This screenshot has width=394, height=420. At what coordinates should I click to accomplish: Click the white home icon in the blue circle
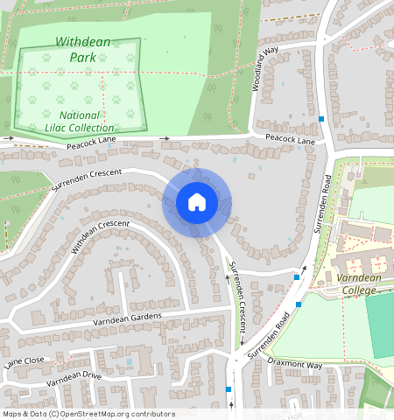[197, 202]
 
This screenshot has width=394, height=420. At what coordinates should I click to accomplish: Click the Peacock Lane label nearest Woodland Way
[290, 140]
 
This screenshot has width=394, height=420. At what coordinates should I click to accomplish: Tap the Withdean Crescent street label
[100, 236]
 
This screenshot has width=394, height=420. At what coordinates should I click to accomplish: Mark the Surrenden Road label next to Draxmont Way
[268, 337]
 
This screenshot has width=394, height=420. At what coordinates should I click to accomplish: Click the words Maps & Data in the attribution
[24, 414]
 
